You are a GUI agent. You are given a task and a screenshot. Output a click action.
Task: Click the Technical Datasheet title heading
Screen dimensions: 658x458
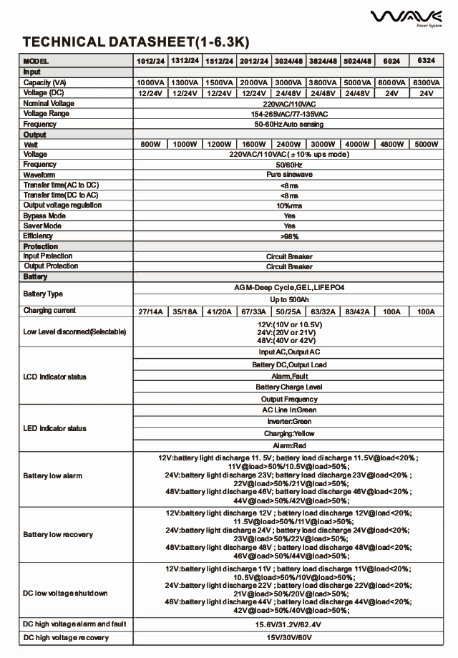point(136,42)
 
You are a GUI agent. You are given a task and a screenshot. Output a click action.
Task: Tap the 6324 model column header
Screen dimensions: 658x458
point(426,61)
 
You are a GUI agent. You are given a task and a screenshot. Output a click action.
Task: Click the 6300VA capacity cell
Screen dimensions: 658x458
point(426,83)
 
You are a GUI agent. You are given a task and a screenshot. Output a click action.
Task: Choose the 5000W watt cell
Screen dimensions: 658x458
point(426,145)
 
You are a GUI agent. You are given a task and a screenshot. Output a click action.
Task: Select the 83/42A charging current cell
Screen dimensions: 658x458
point(357,311)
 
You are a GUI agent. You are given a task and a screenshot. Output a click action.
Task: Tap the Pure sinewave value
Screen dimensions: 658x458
point(289,175)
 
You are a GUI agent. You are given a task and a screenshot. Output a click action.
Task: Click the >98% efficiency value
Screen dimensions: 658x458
point(289,236)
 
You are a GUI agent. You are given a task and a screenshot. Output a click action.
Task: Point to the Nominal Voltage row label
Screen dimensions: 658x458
point(49,104)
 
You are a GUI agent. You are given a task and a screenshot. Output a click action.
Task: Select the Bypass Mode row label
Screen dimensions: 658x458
point(44,216)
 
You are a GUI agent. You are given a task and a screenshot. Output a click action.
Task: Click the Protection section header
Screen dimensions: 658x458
point(41,246)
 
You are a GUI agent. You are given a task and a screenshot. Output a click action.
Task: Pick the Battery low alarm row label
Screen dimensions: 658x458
point(52,476)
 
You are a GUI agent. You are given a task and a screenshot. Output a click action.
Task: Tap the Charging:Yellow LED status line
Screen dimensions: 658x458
point(289,434)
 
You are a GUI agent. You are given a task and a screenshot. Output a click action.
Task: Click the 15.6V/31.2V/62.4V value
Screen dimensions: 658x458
point(289,625)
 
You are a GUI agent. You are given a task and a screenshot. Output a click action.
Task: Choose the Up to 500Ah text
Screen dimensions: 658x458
point(289,299)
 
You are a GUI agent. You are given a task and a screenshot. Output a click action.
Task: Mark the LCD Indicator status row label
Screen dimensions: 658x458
point(55,377)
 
